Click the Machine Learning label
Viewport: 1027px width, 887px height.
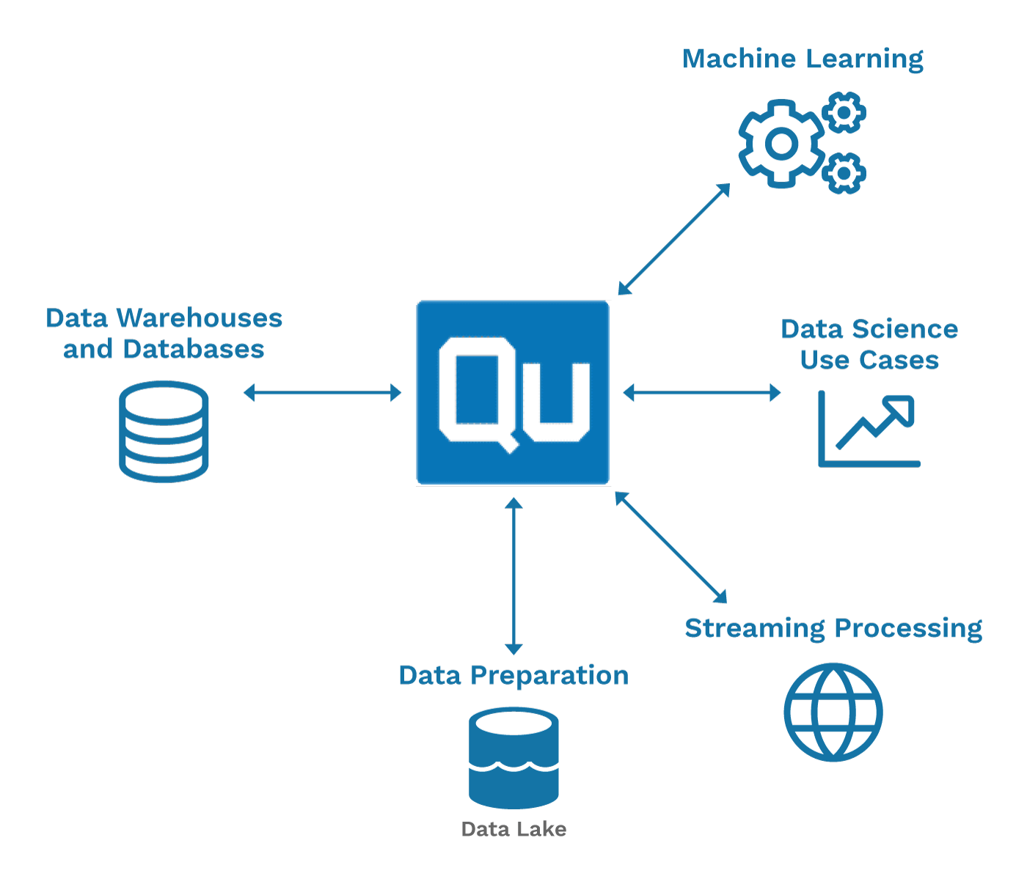coord(803,59)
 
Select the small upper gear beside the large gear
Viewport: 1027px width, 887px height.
coord(844,113)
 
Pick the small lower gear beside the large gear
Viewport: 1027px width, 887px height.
coord(844,173)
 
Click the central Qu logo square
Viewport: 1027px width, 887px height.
coord(513,392)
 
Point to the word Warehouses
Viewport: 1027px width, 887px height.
coord(200,318)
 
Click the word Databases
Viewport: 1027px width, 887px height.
coord(194,349)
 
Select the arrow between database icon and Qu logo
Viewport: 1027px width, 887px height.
coord(323,392)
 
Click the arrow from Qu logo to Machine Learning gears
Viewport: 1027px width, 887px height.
coord(674,239)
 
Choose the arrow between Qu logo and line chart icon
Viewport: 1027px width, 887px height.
coord(702,392)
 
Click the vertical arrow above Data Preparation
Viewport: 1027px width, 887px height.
coord(513,576)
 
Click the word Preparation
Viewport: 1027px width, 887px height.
coord(549,677)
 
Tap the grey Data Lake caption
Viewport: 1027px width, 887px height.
coord(513,829)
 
